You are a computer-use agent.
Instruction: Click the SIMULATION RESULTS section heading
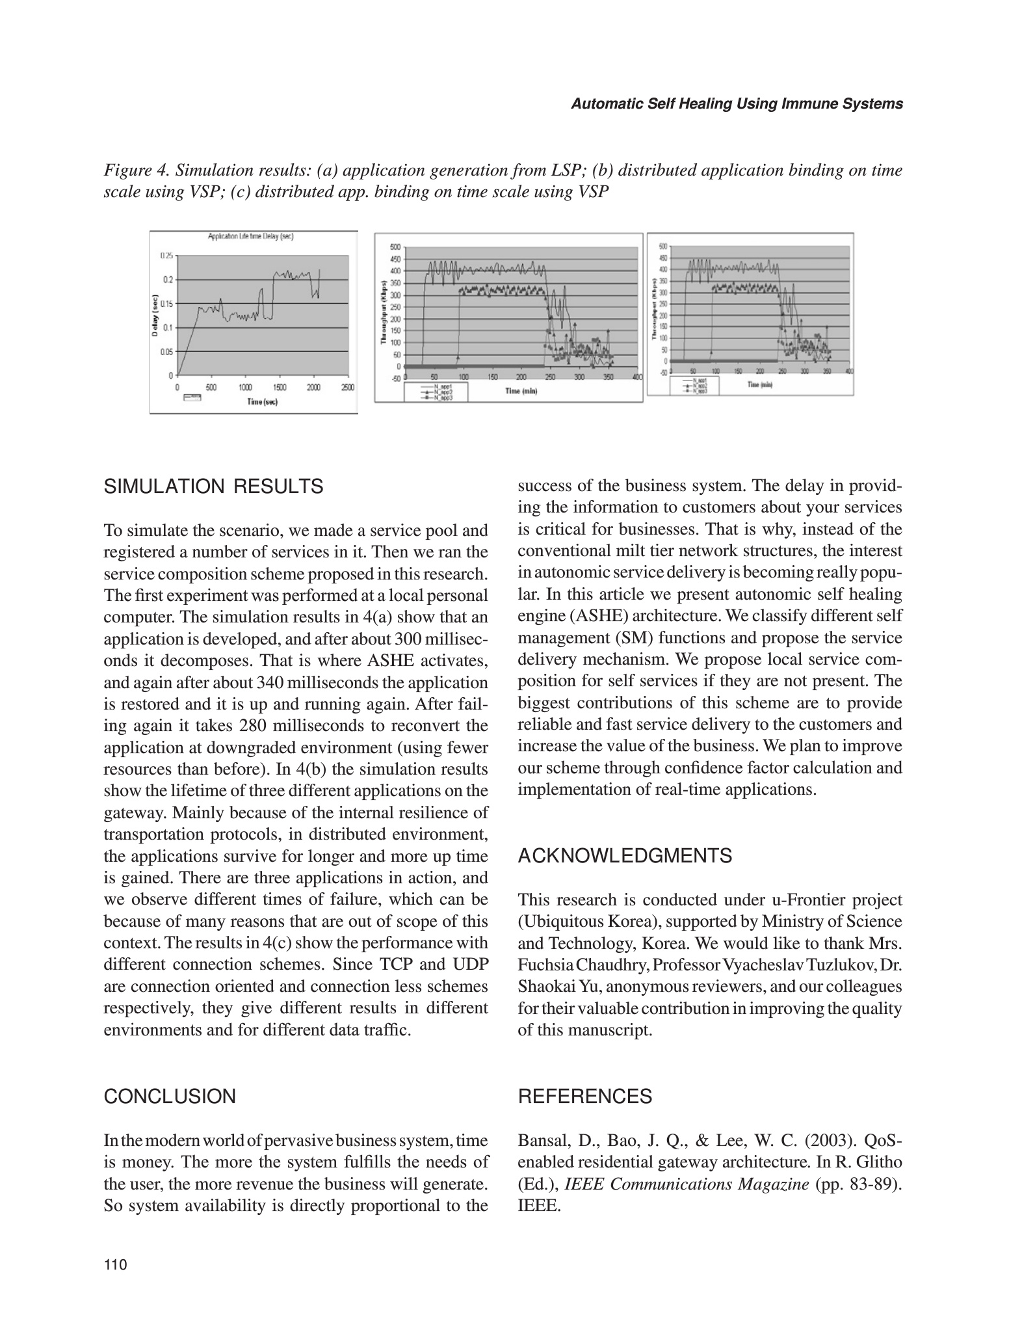[x=213, y=486]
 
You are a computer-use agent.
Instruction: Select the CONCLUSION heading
[x=170, y=1096]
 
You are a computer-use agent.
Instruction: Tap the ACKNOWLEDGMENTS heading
[x=624, y=856]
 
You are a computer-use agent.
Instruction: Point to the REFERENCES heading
[x=584, y=1096]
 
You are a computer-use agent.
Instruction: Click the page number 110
[x=114, y=1265]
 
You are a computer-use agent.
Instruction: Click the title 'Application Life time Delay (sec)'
[x=250, y=237]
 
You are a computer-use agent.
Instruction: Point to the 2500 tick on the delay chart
[x=347, y=388]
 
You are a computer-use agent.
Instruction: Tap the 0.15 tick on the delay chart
[x=168, y=304]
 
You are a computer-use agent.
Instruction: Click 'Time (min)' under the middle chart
[x=521, y=391]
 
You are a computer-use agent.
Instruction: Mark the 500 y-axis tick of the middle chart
[x=396, y=247]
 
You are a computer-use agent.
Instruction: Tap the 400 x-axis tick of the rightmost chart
[x=849, y=371]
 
